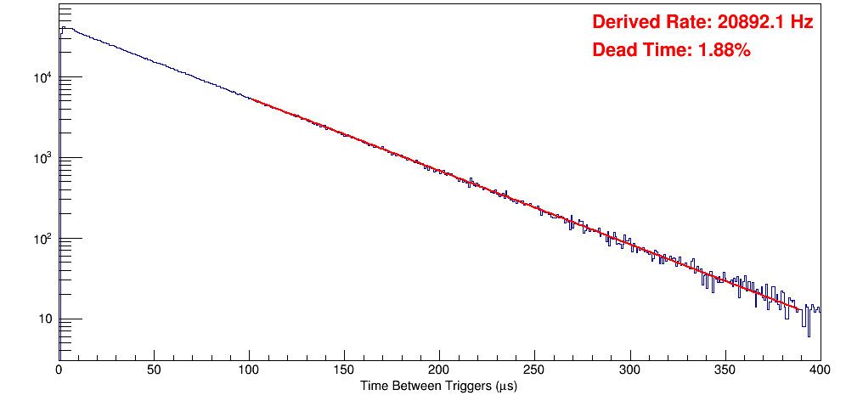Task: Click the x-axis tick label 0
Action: click(59, 370)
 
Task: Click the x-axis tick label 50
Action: click(154, 370)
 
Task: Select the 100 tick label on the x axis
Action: click(249, 370)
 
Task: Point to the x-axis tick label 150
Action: click(344, 370)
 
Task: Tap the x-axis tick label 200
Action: click(439, 370)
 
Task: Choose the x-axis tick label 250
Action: click(534, 370)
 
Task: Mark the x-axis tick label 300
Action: click(629, 370)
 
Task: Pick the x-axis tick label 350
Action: click(725, 370)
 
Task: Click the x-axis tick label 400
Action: click(820, 370)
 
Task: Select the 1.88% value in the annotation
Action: click(724, 51)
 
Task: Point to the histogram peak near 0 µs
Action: click(63, 27)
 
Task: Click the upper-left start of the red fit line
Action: click(251, 99)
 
